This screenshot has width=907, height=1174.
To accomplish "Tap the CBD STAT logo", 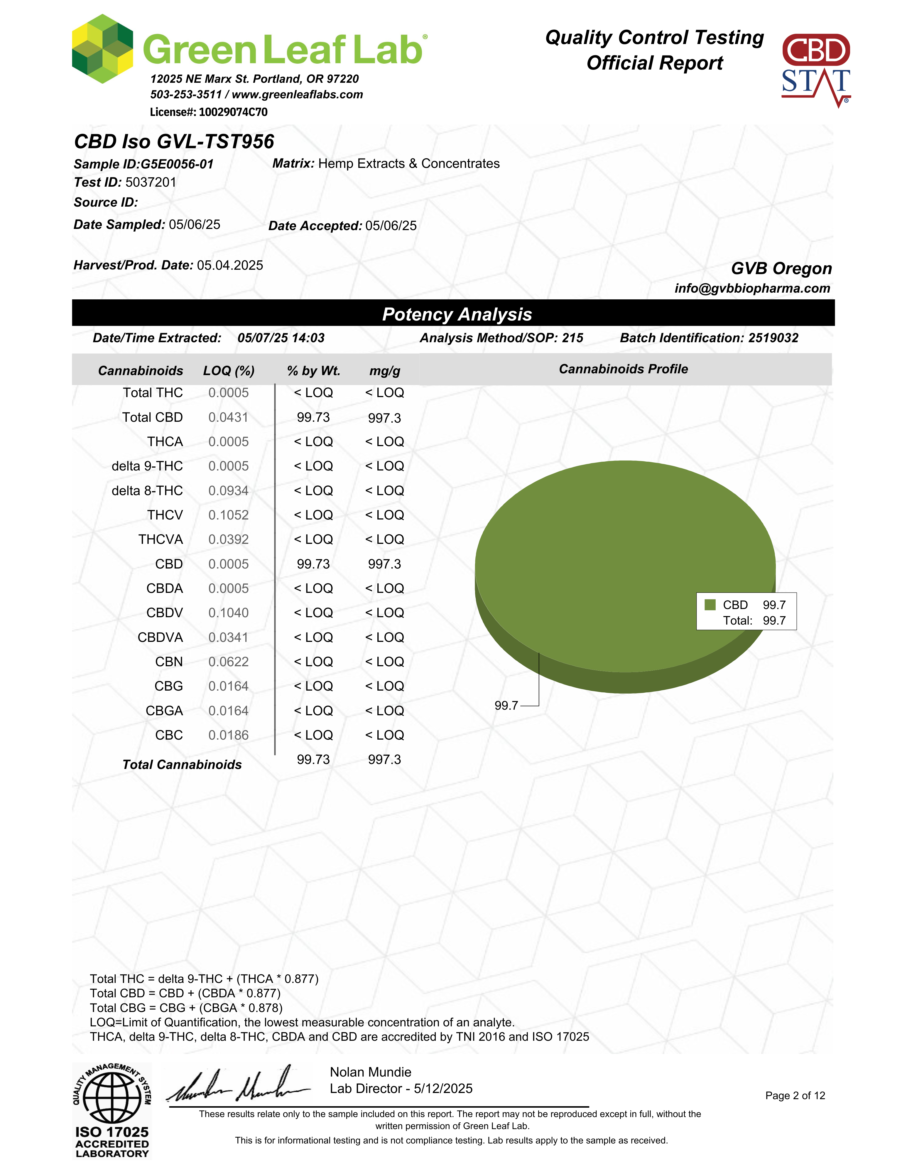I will pyautogui.click(x=816, y=70).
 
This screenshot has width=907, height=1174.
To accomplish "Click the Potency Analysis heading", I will pyautogui.click(x=457, y=314).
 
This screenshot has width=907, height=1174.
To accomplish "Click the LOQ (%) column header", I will pyautogui.click(x=228, y=371).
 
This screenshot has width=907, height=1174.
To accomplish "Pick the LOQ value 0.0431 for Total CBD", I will pyautogui.click(x=228, y=418).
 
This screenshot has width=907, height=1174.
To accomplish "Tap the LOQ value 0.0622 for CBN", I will pyautogui.click(x=228, y=662).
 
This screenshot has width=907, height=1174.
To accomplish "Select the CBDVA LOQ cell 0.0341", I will pyautogui.click(x=228, y=637).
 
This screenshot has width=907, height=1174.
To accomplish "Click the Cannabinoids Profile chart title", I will pyautogui.click(x=623, y=369).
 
